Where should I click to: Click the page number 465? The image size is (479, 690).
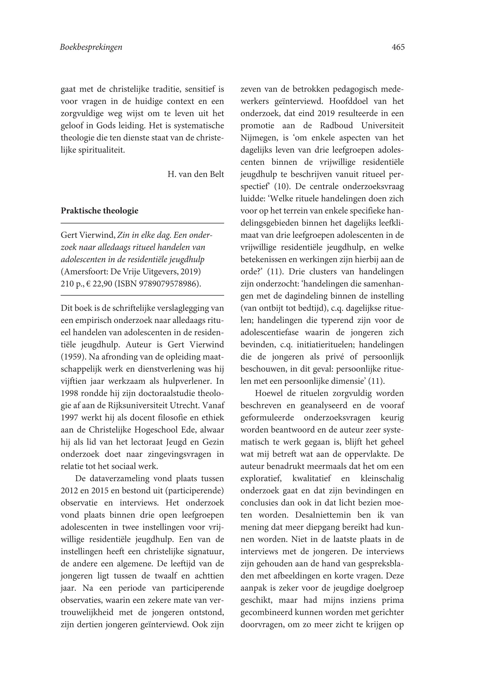398,47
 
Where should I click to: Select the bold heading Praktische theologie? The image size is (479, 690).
99,211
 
